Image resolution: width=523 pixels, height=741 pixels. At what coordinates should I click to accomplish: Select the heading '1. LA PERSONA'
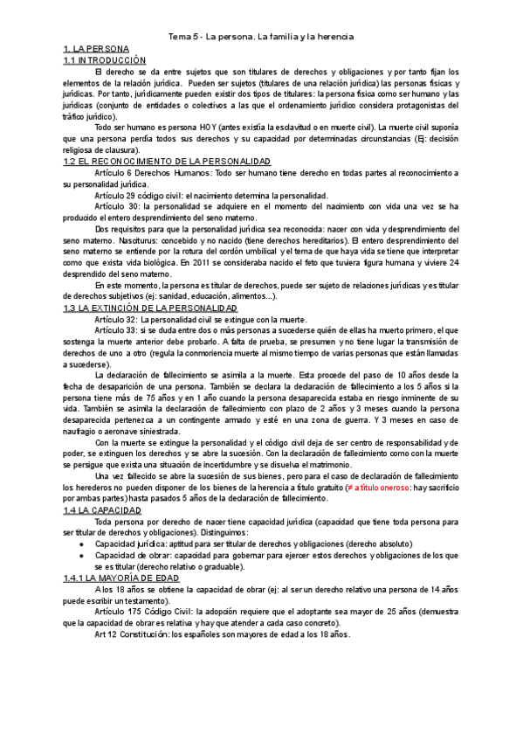[96, 49]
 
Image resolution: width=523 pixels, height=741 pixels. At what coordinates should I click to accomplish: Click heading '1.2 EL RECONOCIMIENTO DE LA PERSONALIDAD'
[167, 162]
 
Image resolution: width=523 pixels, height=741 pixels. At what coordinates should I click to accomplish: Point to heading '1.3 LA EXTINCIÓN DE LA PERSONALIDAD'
[150, 308]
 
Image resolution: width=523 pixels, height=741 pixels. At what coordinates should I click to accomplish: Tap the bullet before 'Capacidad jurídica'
[81, 544]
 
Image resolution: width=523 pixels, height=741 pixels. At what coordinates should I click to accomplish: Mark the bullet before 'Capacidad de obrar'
[81, 555]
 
